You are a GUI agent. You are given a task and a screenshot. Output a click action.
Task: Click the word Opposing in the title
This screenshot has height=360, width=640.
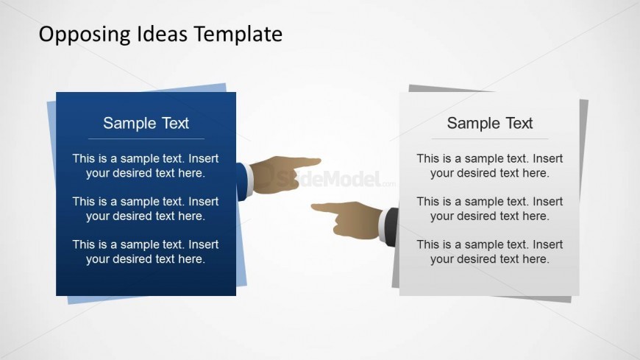(85, 35)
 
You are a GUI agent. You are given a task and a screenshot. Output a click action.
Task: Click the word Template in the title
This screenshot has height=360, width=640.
(238, 35)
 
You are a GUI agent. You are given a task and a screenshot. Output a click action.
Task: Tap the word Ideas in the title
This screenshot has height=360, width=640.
(162, 34)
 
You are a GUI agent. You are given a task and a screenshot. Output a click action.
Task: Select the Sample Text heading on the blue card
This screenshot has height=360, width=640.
(146, 123)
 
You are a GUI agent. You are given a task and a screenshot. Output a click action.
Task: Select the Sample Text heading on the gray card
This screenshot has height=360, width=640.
(490, 123)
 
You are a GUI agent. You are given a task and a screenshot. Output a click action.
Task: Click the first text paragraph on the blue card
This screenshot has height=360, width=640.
(146, 166)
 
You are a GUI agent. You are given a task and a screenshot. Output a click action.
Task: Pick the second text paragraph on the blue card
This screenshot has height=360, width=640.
(146, 208)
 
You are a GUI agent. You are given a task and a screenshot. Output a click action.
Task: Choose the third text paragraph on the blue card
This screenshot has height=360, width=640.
(146, 251)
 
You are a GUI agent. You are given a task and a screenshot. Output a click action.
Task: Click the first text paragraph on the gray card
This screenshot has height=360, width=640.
(489, 166)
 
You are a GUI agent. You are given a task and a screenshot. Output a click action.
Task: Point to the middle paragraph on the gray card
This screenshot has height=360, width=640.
(489, 208)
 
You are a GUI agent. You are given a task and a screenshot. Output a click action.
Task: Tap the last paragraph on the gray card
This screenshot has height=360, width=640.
(489, 251)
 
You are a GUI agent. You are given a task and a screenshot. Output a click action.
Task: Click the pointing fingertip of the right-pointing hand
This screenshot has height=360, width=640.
(319, 161)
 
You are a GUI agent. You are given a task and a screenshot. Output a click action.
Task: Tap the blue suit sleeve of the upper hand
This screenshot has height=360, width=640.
(241, 181)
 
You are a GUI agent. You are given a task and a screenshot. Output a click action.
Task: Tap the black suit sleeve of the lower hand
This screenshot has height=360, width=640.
(392, 227)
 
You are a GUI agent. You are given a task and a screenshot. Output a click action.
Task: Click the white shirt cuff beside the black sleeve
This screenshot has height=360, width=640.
(382, 226)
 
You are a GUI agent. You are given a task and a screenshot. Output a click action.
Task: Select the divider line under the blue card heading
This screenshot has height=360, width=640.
(146, 139)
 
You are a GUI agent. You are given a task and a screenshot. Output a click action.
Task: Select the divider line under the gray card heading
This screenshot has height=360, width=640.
(490, 139)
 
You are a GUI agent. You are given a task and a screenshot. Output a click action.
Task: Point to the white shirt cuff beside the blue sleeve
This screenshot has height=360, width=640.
(249, 179)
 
